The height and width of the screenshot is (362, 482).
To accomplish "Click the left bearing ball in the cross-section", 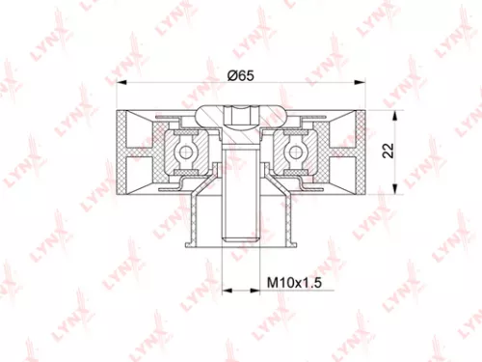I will click(183, 150).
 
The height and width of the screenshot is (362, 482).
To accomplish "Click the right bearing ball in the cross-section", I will click(295, 150).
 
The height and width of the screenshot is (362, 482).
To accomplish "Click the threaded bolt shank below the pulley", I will click(239, 222).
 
